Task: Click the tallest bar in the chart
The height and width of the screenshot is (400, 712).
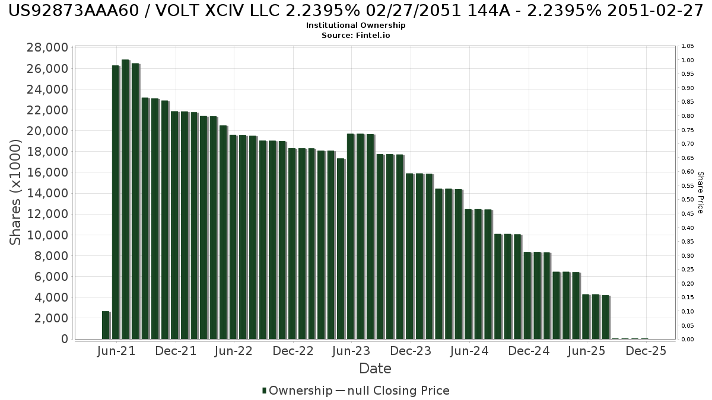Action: tap(125, 199)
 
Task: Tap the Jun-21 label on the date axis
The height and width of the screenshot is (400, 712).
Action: tap(116, 351)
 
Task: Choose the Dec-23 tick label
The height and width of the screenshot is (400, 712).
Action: tap(411, 351)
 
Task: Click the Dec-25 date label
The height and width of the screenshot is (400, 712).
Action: tap(646, 351)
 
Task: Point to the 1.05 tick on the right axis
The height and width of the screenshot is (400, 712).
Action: tap(688, 46)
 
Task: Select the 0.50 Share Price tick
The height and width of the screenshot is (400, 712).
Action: tap(688, 200)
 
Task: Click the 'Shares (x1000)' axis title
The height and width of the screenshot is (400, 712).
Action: tap(16, 192)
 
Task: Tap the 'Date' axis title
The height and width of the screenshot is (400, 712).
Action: tap(375, 369)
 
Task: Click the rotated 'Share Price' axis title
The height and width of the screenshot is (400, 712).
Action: tap(700, 192)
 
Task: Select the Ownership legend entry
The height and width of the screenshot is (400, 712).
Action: tap(297, 391)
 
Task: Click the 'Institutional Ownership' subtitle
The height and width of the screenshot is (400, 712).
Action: tap(356, 25)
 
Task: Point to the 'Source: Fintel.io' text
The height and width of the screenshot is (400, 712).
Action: tap(356, 36)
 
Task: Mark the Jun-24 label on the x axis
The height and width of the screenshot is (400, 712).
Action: tap(469, 351)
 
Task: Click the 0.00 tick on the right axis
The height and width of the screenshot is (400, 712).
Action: tap(688, 340)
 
